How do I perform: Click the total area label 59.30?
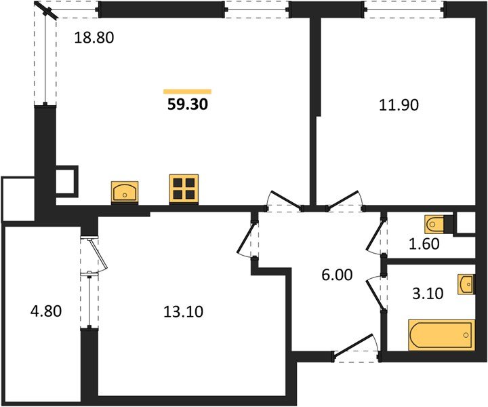(x=187, y=104)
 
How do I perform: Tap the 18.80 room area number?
(x=94, y=38)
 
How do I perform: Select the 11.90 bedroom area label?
(x=399, y=105)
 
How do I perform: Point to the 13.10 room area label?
(x=183, y=311)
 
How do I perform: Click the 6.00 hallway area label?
(x=337, y=275)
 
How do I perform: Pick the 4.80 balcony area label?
(x=46, y=311)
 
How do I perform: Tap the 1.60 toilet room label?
(x=424, y=244)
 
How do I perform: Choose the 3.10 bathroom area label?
(x=428, y=293)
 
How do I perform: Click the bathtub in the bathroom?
(x=442, y=334)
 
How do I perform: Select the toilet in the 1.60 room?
(x=434, y=224)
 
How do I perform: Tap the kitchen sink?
(x=125, y=191)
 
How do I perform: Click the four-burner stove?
(x=184, y=189)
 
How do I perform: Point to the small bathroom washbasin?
(x=466, y=284)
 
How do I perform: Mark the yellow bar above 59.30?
(x=187, y=92)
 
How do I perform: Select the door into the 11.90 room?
(x=344, y=200)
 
